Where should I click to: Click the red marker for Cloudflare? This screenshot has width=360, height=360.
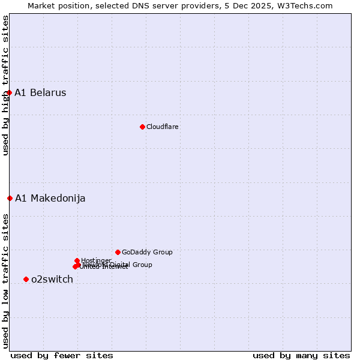click(142, 127)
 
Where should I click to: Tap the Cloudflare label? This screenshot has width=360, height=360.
click(163, 127)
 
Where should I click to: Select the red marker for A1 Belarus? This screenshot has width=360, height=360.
click(10, 92)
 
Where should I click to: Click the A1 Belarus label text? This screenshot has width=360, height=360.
click(40, 93)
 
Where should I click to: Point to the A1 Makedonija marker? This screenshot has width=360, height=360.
click(10, 198)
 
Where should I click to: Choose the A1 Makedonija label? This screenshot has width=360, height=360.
click(50, 199)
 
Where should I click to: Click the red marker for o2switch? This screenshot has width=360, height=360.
click(26, 279)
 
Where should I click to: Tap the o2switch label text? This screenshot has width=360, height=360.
click(52, 280)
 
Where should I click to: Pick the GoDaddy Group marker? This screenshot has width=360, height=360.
click(118, 252)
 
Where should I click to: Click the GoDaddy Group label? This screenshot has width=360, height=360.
click(147, 253)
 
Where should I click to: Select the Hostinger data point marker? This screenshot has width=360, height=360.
click(77, 260)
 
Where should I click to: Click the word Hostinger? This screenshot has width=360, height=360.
click(96, 260)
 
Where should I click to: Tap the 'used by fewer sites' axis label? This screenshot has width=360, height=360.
click(62, 356)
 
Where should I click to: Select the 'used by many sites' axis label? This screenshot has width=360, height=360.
click(301, 356)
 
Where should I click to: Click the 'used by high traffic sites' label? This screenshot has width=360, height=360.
click(5, 85)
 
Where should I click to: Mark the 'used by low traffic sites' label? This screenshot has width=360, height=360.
click(5, 281)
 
